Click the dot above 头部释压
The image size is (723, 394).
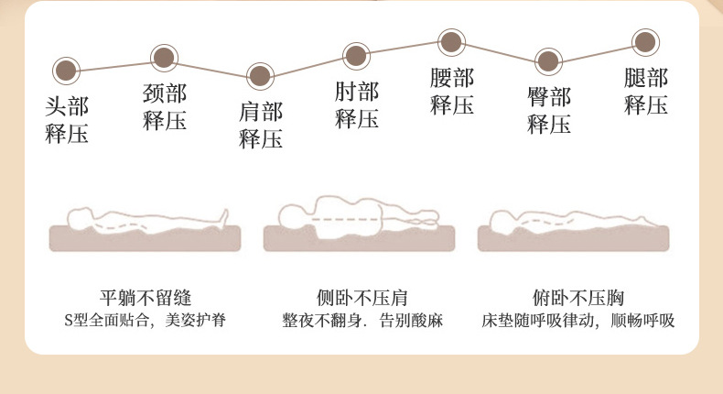pyautogui.click(x=65, y=69)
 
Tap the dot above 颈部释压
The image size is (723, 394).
pyautogui.click(x=164, y=59)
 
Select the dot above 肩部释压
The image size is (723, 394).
pyautogui.click(x=260, y=75)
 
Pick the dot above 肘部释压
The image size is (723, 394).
pyautogui.click(x=355, y=54)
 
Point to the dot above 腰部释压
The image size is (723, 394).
pyautogui.click(x=451, y=41)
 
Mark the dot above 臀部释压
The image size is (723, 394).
pyautogui.click(x=547, y=62)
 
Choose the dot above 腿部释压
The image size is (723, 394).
pyautogui.click(x=644, y=42)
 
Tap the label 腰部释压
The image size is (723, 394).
pyautogui.click(x=452, y=92)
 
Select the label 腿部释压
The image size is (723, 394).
pyautogui.click(x=645, y=92)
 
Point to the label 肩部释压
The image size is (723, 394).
pyautogui.click(x=261, y=126)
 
